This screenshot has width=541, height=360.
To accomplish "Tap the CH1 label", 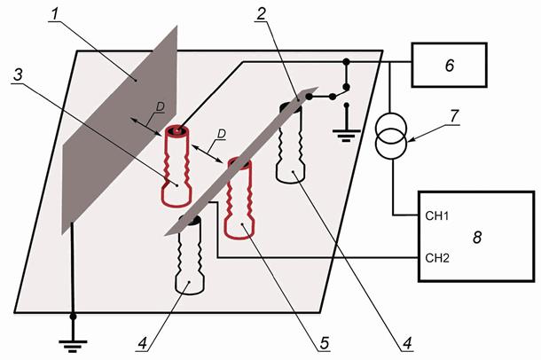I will point(430,215).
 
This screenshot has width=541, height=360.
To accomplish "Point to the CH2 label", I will point(430,258).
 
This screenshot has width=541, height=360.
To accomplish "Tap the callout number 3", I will point(16,74).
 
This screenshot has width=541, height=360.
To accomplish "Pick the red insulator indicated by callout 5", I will point(238,200).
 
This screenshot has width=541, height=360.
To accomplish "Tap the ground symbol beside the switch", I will point(344,134).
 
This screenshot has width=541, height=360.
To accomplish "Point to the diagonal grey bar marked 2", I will point(239,164).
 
